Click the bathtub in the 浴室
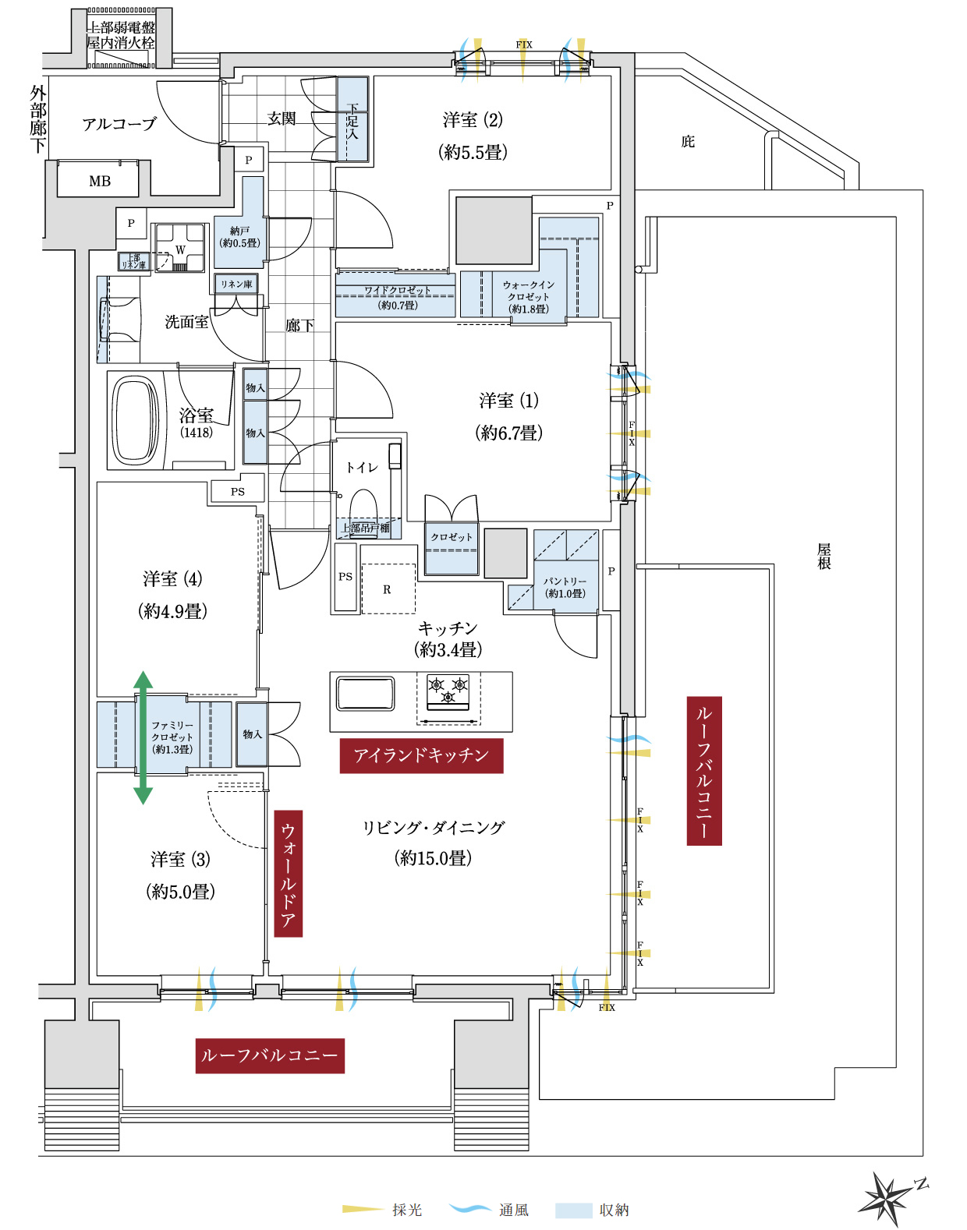(x=136, y=421)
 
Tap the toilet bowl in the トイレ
(x=363, y=504)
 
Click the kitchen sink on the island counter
(x=365, y=693)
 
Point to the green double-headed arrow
(x=143, y=737)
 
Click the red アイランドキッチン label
(x=421, y=755)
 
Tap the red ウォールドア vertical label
(x=289, y=873)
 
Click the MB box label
(x=99, y=182)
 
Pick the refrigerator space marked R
(x=388, y=589)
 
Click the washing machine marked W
(x=180, y=249)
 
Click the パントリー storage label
(x=565, y=587)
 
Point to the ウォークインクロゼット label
(x=529, y=296)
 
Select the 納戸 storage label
(x=239, y=237)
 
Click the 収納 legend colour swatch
(x=573, y=1210)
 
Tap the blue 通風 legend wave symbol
(x=470, y=1209)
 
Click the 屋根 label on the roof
(x=824, y=556)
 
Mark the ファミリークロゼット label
(x=172, y=737)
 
